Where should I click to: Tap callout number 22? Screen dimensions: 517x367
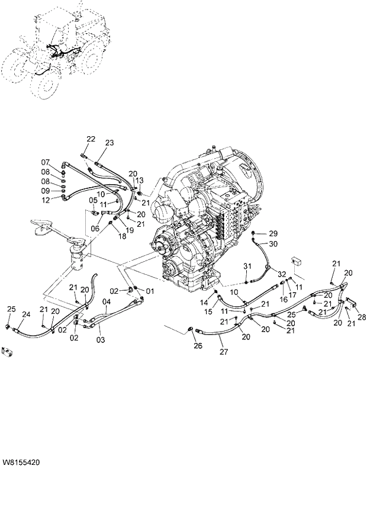pos(91,139)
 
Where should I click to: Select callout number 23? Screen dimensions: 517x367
pos(109,143)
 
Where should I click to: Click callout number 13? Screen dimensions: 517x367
pos(140,180)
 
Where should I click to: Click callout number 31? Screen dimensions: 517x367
pos(247,265)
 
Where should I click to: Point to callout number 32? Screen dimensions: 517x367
pos(282,274)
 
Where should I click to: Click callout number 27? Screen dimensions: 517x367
pos(223,352)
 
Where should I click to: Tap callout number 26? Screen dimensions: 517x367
pos(198,346)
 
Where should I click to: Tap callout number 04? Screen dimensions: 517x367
pos(107,302)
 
